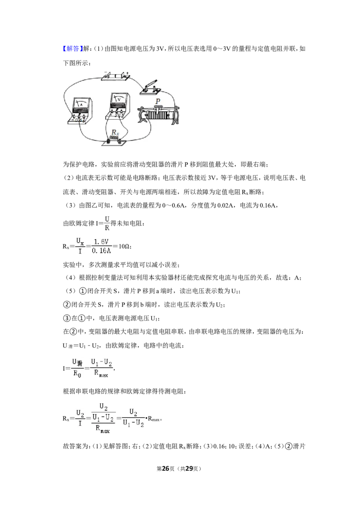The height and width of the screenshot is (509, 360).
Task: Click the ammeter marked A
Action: pyautogui.click(x=80, y=111)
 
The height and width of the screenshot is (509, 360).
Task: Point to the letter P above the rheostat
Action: pyautogui.click(x=158, y=101)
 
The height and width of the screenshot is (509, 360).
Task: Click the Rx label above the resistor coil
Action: pyautogui.click(x=115, y=133)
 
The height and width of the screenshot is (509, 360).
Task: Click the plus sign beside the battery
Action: pyautogui.click(x=127, y=73)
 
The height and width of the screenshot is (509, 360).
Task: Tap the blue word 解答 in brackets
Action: pyautogui.click(x=72, y=49)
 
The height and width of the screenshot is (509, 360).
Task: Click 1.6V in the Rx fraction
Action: pyautogui.click(x=101, y=242)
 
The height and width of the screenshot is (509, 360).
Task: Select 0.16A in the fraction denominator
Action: pyautogui.click(x=101, y=250)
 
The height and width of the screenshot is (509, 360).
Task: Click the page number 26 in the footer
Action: pyautogui.click(x=166, y=469)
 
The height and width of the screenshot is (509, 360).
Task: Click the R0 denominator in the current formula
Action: pyautogui.click(x=77, y=374)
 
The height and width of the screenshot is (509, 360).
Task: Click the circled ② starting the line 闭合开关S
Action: pyautogui.click(x=67, y=304)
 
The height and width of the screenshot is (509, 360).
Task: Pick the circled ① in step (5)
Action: pyautogui.click(x=83, y=291)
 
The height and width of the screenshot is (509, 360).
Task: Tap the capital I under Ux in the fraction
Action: pyautogui.click(x=80, y=251)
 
